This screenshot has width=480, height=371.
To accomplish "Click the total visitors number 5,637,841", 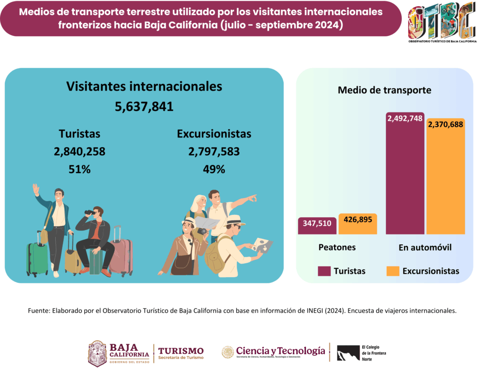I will [144, 106].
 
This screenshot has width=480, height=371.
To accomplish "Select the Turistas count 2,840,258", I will [79, 151].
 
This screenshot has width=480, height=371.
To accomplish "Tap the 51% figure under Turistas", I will [79, 169].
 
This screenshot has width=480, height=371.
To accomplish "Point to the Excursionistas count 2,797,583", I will [214, 151].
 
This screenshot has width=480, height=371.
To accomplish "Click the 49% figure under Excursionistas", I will [214, 169].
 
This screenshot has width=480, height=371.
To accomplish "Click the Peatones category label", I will [337, 247].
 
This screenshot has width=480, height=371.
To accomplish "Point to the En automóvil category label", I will [425, 247].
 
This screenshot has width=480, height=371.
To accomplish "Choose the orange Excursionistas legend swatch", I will [393, 271].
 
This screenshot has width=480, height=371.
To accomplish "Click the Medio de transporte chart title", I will [384, 90].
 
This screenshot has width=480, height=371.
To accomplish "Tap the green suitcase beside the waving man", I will [37, 258].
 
